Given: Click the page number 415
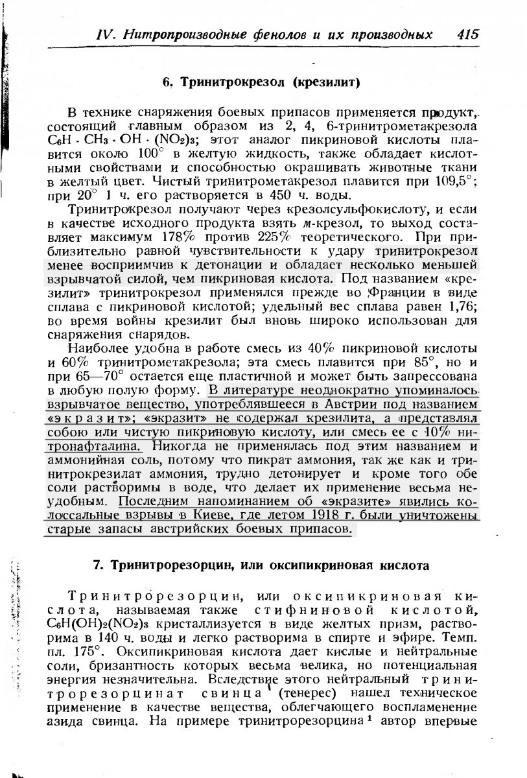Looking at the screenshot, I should click(467, 34).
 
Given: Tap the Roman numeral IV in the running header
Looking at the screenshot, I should click(105, 34).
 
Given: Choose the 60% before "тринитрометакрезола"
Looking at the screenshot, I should click(61, 362).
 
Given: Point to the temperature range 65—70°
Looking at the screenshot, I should click(102, 377).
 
